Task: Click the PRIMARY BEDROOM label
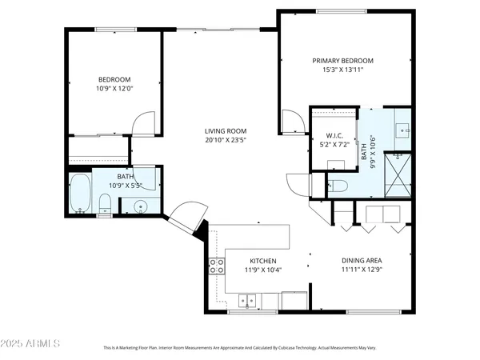(342, 61)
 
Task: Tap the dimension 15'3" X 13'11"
(342, 70)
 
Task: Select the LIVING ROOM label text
(225, 131)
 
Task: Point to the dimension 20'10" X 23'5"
(225, 141)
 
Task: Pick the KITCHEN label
(262, 261)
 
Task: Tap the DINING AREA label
(362, 261)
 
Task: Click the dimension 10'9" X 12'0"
(114, 89)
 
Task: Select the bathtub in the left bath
(81, 194)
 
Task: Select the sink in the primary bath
(402, 128)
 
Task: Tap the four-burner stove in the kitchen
(216, 266)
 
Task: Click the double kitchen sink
(248, 302)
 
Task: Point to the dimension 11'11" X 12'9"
(362, 270)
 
